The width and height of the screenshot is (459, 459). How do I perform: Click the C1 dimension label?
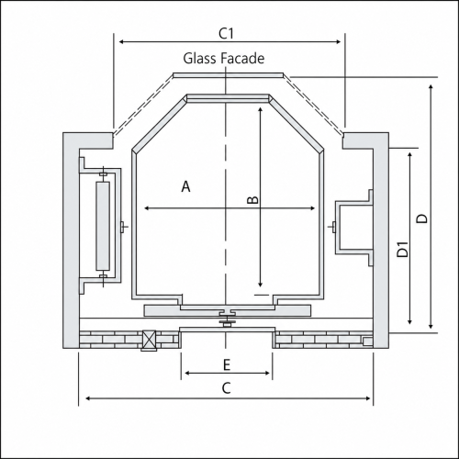[x=226, y=33]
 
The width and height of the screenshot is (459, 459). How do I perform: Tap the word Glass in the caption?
[x=196, y=58]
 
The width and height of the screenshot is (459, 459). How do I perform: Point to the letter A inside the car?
[x=185, y=186]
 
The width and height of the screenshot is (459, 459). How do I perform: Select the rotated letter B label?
[x=252, y=199]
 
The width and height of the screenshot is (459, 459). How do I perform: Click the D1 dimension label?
[x=403, y=249]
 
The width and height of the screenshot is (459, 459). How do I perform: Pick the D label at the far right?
[x=422, y=218]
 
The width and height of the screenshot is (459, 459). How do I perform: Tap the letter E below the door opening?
[x=227, y=364]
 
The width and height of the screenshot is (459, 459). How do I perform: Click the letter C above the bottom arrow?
[x=226, y=388]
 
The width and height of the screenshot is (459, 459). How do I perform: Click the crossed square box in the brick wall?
[x=149, y=341]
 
